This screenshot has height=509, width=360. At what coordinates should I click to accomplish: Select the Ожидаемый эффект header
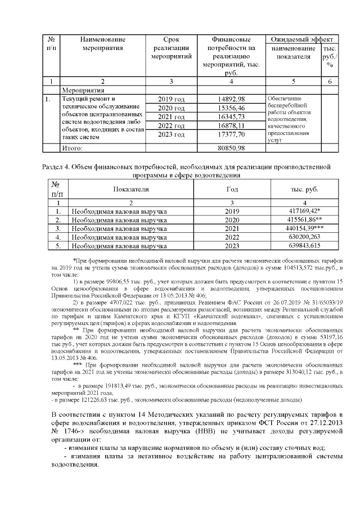pos(301,39)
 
